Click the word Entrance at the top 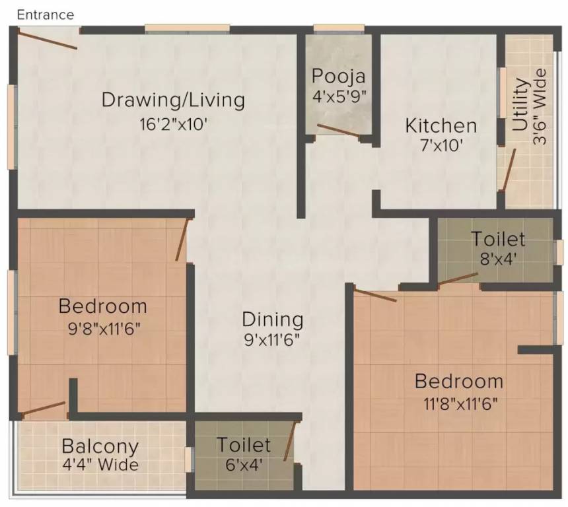pos(46,15)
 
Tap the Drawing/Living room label pos(173,100)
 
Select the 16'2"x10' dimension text pos(173,123)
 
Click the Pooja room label pos(339,75)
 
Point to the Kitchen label pos(441,125)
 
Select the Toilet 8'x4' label pos(498,238)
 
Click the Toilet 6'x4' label pos(244,444)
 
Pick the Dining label pos(272,320)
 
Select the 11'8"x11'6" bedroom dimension pos(458,402)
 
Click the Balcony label pos(100,446)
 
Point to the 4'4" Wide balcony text pos(100,465)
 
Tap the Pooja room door pos(338,130)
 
